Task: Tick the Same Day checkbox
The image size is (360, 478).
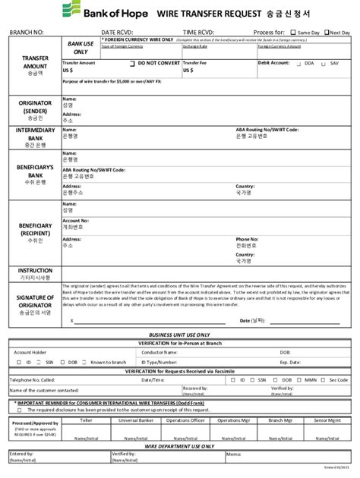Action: pos(293,33)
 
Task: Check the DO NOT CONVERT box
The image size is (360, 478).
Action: pos(132,64)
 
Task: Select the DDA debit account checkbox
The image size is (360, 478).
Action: pos(298,64)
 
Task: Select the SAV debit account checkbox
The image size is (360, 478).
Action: pos(325,64)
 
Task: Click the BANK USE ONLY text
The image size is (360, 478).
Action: pos(81,48)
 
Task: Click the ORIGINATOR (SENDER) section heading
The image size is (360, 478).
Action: pos(35,106)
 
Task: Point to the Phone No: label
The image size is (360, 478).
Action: pos(247,239)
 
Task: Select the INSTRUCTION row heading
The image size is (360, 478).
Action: pos(35,270)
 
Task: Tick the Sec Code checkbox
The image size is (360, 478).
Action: pos(327,379)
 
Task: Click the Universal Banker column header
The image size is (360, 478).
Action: pos(137,420)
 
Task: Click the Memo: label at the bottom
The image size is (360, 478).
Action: pos(231,454)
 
